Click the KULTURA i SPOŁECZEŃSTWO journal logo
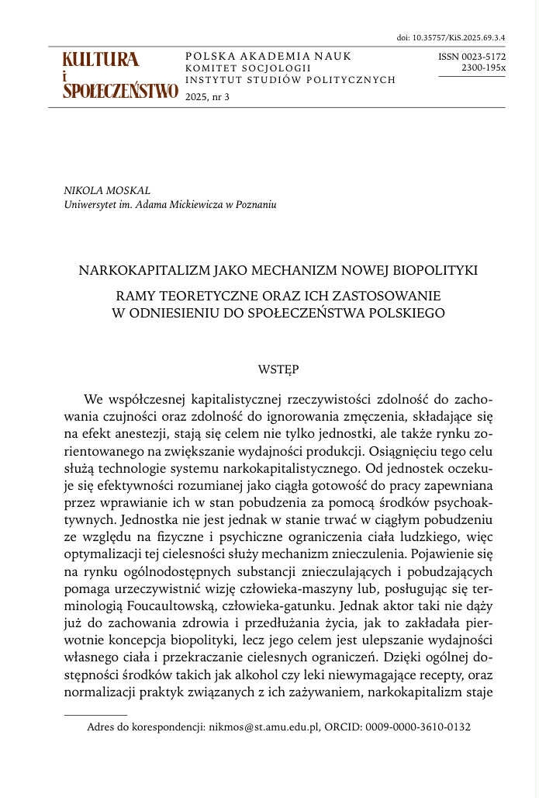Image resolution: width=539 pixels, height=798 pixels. pos(120,76)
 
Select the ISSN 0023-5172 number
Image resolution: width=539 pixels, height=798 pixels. pos(472,57)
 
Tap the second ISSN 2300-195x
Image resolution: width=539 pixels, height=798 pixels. pos(483,68)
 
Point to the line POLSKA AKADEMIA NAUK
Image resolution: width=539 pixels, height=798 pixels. pos(268,56)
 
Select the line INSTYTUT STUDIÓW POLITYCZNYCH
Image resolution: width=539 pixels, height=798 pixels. pos(291,79)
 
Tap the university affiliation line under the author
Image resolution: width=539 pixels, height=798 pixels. pos(171,205)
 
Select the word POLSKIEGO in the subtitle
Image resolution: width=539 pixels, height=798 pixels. pos(406,313)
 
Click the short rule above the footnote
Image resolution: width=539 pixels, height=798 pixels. pos(96,714)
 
